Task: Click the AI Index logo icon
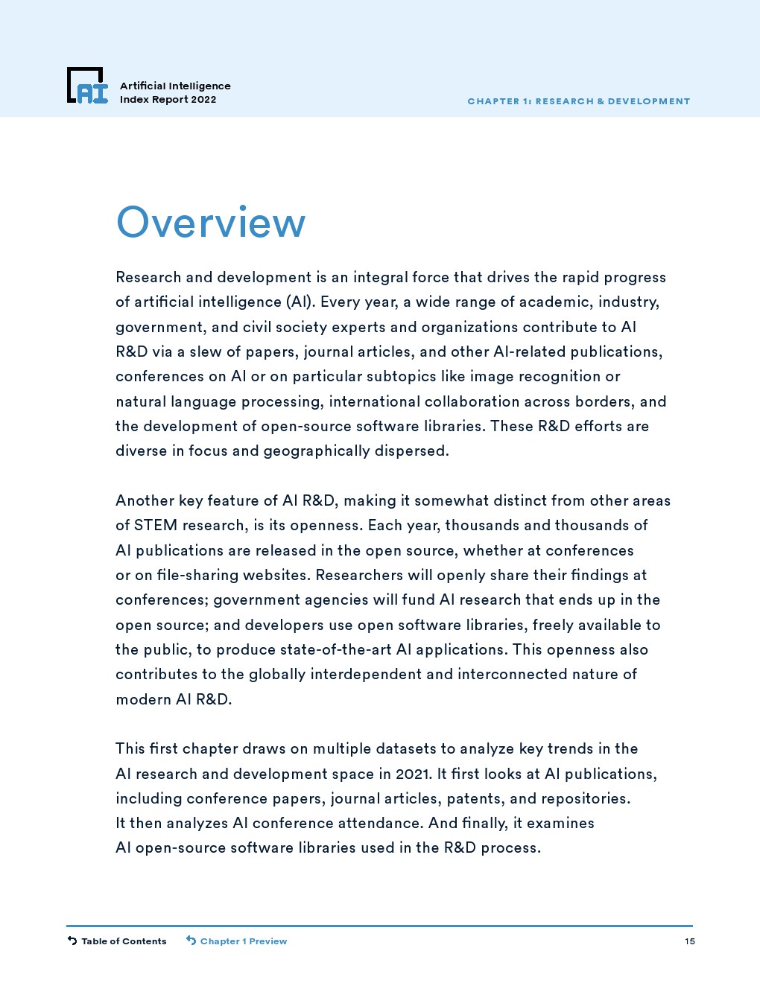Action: click(87, 86)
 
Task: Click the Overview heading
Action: click(211, 223)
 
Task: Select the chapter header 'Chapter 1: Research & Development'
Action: click(578, 101)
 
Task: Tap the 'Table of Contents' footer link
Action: click(124, 941)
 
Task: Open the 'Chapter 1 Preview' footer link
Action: click(243, 941)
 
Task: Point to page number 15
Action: click(690, 941)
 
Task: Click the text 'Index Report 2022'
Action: click(168, 100)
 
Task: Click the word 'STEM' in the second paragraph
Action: click(156, 526)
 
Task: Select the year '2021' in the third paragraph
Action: click(414, 774)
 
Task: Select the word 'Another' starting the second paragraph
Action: click(145, 500)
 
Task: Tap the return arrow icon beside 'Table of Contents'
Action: click(72, 941)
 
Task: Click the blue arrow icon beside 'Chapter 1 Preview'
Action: click(191, 941)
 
